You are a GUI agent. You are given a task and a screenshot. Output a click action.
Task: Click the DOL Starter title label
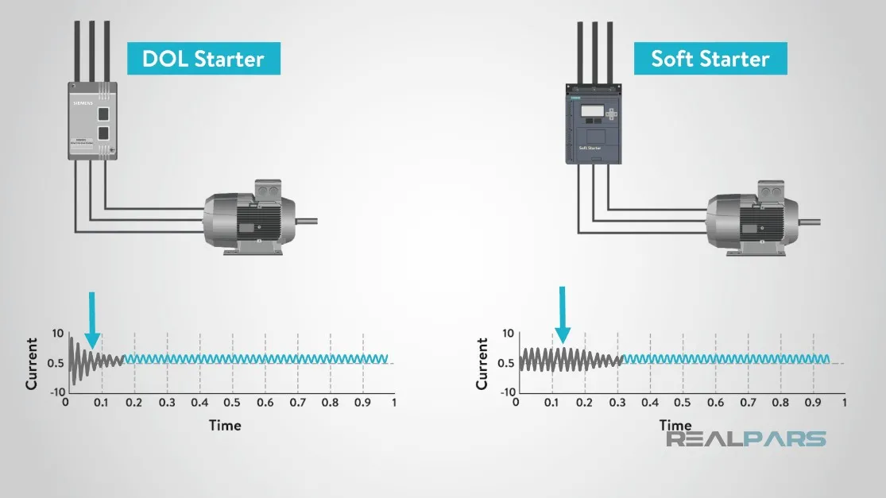(203, 59)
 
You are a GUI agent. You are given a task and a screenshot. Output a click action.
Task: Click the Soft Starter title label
(710, 59)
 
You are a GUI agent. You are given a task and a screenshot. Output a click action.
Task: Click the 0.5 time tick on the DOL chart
(232, 402)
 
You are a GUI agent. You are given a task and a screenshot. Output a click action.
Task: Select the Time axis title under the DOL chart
(225, 425)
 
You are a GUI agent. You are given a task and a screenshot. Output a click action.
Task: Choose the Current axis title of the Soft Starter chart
(482, 365)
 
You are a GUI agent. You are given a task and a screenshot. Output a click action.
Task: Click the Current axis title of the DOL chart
(32, 364)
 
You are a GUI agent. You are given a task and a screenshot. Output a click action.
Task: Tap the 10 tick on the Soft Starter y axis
(508, 333)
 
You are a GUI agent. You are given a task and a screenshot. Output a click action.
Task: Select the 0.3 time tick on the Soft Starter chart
(617, 403)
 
